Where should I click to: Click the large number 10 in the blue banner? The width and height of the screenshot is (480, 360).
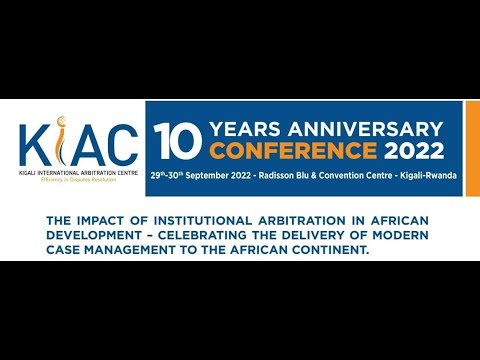[175, 140]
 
